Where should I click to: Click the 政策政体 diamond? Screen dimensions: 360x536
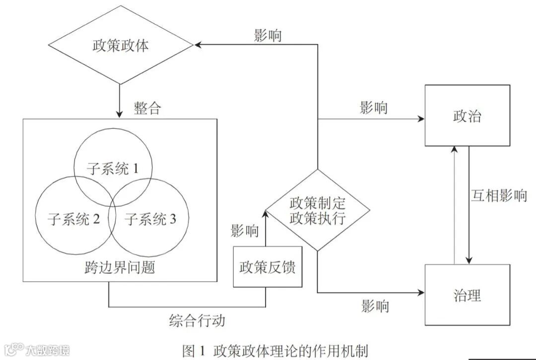tap(121, 46)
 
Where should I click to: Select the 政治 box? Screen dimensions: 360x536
tap(467, 116)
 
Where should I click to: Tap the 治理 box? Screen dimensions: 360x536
tap(467, 295)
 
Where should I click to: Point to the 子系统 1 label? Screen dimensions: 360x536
tap(112, 169)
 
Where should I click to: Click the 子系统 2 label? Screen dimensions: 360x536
tap(74, 219)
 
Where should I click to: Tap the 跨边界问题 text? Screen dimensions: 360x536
tap(120, 267)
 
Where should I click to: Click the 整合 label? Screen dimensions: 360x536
tap(147, 108)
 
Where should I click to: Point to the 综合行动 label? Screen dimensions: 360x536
tap(197, 320)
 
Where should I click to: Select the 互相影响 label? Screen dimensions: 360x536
tap(498, 195)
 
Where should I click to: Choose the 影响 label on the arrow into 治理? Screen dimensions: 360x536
tap(375, 305)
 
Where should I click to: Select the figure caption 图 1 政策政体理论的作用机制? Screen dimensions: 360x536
tap(275, 351)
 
